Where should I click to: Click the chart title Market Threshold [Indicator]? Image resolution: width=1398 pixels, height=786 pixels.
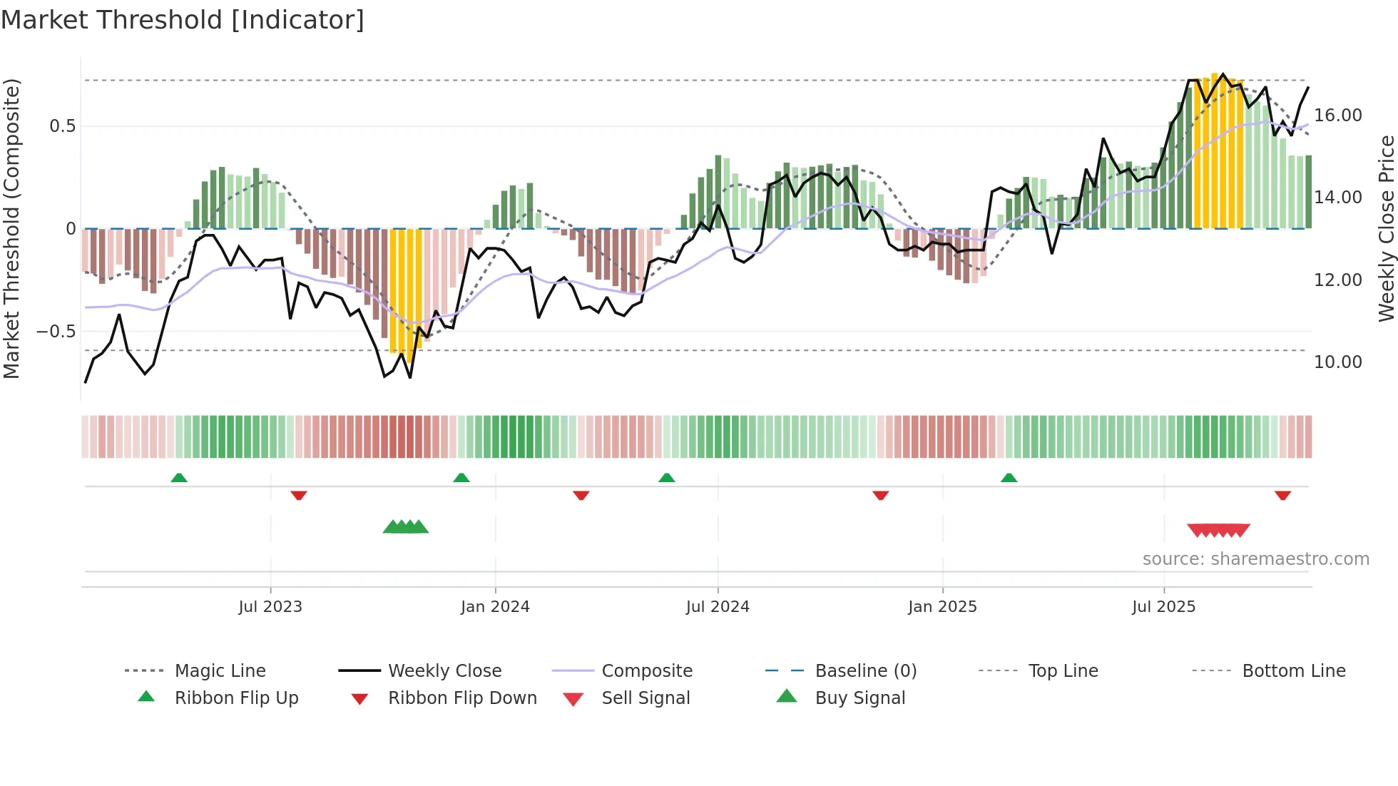(x=183, y=20)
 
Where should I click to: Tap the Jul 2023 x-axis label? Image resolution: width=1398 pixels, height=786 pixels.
(x=270, y=607)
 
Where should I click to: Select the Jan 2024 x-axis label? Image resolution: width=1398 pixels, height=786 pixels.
(x=495, y=607)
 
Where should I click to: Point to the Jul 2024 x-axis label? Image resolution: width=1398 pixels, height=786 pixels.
(x=718, y=607)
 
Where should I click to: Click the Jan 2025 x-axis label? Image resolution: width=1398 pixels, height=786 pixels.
(x=942, y=607)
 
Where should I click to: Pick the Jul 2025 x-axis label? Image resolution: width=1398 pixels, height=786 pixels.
(x=1163, y=607)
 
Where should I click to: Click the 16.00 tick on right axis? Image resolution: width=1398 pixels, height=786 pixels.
(x=1338, y=116)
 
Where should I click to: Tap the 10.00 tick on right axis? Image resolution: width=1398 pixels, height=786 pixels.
(x=1338, y=362)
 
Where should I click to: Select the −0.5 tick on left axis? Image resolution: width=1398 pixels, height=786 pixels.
(x=56, y=332)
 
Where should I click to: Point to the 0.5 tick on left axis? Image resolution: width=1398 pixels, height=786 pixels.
(x=62, y=126)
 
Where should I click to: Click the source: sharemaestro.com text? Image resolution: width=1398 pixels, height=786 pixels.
(x=1255, y=559)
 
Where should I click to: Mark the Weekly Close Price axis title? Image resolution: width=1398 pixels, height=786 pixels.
(x=1386, y=228)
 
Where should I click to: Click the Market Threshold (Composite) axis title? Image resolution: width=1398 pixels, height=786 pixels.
(x=11, y=228)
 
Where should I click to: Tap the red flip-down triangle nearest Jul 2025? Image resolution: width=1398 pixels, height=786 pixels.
(x=1282, y=495)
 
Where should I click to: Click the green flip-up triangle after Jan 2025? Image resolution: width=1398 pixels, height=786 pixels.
(x=1009, y=478)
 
